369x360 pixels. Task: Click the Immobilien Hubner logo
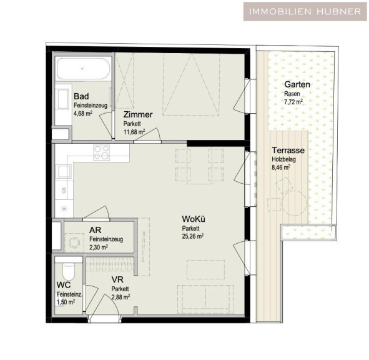click(305, 11)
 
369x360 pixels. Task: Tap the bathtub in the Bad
click(83, 69)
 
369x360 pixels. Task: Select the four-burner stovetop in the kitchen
click(101, 152)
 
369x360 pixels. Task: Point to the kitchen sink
click(64, 171)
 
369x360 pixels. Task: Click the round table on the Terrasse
click(295, 203)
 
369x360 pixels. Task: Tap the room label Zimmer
click(138, 115)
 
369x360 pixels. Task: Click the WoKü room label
click(194, 219)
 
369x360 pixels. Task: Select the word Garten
click(297, 84)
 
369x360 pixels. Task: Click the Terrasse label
click(288, 151)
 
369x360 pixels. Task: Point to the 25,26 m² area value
click(193, 236)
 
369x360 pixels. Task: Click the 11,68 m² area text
click(134, 132)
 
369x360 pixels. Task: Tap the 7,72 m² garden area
click(293, 102)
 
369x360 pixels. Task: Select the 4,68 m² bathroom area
click(83, 114)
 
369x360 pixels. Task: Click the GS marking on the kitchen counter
click(64, 191)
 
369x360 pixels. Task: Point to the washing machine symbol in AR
click(74, 242)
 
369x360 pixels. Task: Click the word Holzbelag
click(284, 159)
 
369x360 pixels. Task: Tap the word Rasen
click(292, 94)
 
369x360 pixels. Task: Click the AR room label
click(96, 230)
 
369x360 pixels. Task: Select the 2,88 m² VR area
click(121, 297)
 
